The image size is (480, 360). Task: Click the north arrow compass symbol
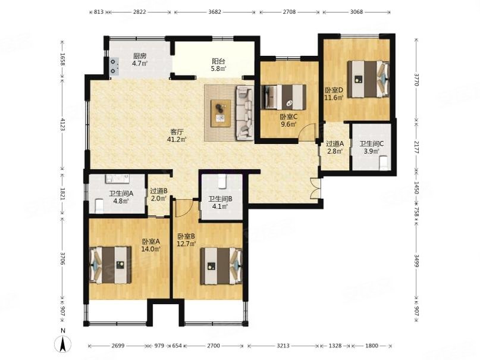[x=63, y=343]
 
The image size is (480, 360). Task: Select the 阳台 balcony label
[x=219, y=61]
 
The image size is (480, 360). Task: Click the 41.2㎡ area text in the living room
[x=177, y=139]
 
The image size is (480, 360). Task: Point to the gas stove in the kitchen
[x=115, y=66]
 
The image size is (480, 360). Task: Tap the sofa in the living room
[x=245, y=112]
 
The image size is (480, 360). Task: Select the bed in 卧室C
[x=284, y=97]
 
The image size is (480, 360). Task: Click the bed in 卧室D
[x=369, y=79]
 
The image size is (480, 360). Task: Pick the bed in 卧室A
[x=110, y=265]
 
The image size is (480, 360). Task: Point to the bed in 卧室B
[x=221, y=266]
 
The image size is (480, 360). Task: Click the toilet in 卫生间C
[x=384, y=163]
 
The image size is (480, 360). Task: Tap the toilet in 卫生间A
[x=99, y=206]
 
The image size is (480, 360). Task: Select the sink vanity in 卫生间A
[x=117, y=179]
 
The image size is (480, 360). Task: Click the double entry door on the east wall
[x=315, y=188]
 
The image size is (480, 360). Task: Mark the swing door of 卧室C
[x=307, y=132]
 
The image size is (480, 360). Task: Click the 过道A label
[x=335, y=143]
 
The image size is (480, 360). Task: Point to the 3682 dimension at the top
[x=215, y=12]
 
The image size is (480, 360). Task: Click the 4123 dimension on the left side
[x=63, y=124]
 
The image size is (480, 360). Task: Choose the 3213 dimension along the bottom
[x=283, y=346]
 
